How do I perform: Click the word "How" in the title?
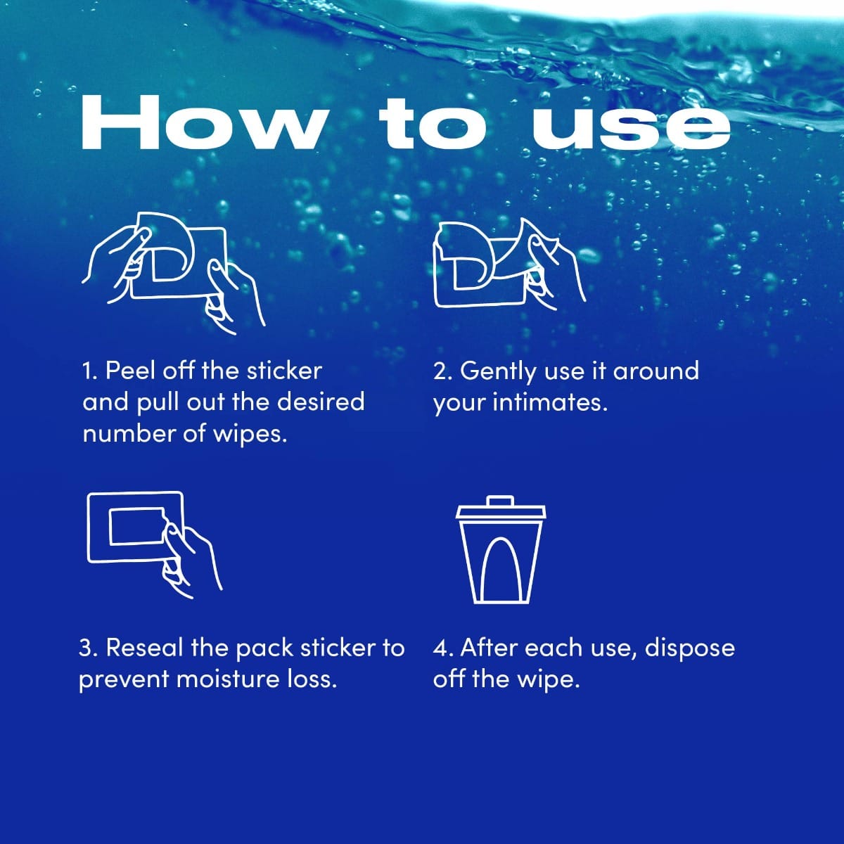205,123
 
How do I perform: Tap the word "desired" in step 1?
321,402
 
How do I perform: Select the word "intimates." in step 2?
550,402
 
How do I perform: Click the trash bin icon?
501,550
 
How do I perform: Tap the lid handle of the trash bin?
501,501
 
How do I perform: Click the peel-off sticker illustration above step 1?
174,274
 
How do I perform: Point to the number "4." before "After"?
443,648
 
